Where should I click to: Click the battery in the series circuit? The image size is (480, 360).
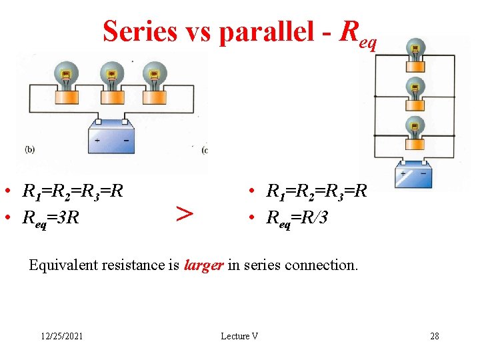coord(111,138)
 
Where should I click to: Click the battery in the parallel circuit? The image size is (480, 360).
coord(414,175)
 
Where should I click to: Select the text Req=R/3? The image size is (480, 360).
coord(297,216)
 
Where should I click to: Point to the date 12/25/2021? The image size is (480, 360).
coord(61,336)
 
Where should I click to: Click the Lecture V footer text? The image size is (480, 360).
coord(239,336)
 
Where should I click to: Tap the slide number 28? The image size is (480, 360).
coord(435,336)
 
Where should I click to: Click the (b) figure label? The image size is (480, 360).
coord(30,149)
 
